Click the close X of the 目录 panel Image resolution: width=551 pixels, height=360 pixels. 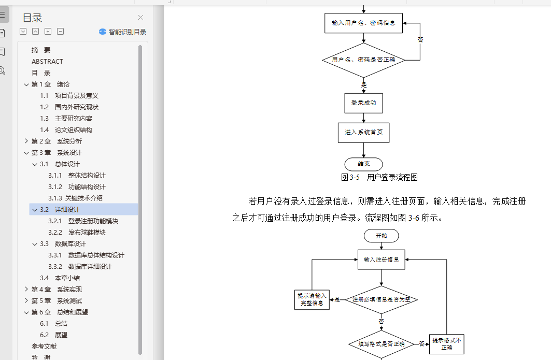tap(140, 18)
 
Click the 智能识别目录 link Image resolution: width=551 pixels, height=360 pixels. tap(123, 32)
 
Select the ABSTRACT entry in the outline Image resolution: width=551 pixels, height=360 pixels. tap(47, 61)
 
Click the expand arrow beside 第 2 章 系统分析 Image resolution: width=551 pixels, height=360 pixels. tap(26, 141)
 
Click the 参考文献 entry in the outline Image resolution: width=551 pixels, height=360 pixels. tap(44, 346)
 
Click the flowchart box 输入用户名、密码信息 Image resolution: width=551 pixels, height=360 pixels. tap(363, 23)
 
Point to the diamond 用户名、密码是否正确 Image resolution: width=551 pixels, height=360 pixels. tap(363, 60)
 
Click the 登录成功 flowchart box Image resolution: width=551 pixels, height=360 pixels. tap(363, 103)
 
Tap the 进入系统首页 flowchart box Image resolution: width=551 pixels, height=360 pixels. tap(363, 133)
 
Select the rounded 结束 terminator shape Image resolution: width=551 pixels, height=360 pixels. tap(363, 164)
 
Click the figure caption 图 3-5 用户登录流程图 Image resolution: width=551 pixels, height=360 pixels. tap(379, 177)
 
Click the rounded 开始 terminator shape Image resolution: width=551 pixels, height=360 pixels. tap(381, 236)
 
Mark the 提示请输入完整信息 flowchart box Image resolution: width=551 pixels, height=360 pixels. tap(311, 299)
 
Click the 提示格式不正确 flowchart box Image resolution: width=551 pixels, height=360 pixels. tap(447, 343)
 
